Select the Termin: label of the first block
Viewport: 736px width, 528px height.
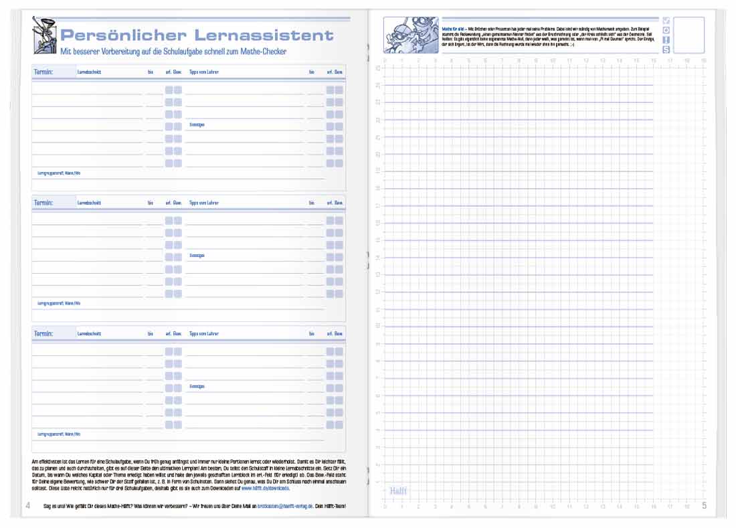click(x=43, y=71)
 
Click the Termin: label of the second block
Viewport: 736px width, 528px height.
click(x=43, y=202)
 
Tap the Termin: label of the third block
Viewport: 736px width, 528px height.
click(x=43, y=333)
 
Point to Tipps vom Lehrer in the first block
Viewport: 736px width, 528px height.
click(x=204, y=72)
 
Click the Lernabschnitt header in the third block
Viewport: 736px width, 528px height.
click(x=90, y=333)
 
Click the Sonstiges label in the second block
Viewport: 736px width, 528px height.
click(x=197, y=256)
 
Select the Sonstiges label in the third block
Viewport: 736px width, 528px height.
click(x=197, y=387)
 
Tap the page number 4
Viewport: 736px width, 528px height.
click(x=27, y=505)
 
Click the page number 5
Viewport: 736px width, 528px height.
click(x=705, y=505)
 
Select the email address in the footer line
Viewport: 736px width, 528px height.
click(x=286, y=507)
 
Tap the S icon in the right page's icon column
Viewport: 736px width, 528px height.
click(x=666, y=50)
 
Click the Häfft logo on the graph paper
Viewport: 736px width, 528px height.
click(x=398, y=491)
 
